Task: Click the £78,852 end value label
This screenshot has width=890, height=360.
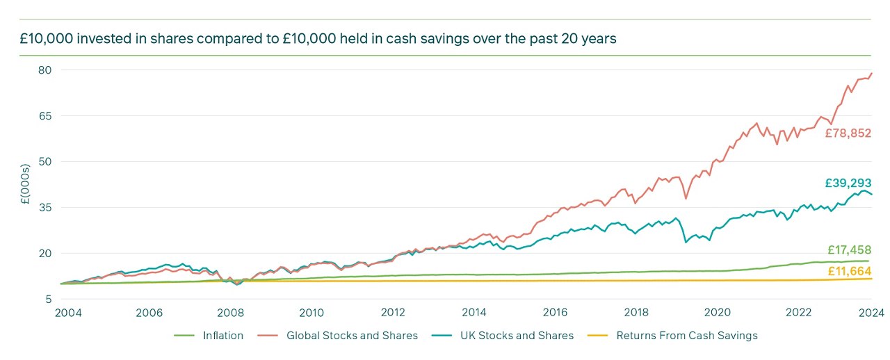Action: tap(848, 133)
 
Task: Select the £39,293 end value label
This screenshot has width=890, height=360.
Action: tap(848, 183)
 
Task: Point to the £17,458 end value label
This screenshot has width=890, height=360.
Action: tap(849, 250)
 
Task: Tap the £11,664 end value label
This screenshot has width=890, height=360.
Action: tap(849, 271)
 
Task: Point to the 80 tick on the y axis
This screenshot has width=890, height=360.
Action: tap(46, 70)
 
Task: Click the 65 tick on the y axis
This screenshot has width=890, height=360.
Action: tap(46, 115)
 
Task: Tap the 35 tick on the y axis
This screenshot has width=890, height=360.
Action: tap(46, 207)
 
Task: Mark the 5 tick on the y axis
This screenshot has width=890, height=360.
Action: tap(49, 299)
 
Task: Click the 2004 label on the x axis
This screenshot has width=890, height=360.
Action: tap(68, 313)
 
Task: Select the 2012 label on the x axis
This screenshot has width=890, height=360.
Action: tap(393, 313)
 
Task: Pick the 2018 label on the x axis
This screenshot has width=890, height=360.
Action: tap(636, 313)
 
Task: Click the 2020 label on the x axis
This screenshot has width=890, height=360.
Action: tap(718, 313)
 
